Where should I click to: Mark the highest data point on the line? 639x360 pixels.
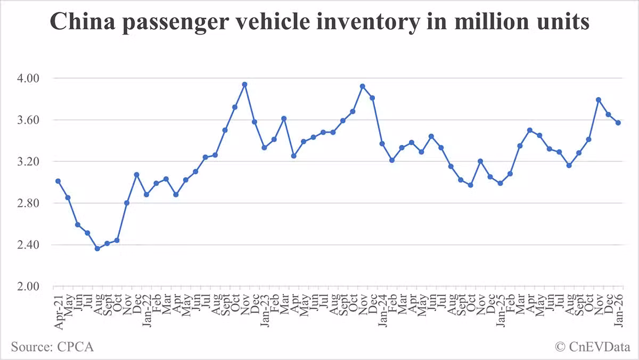pos(244,84)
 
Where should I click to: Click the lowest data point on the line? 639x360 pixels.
pos(97,249)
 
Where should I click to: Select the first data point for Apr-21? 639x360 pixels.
pos(58,181)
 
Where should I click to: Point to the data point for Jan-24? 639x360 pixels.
pos(382,143)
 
